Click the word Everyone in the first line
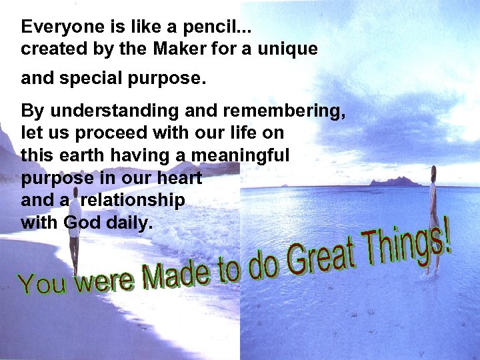point(53,27)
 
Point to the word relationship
point(133,200)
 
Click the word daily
point(127,222)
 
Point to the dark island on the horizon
point(396,181)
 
